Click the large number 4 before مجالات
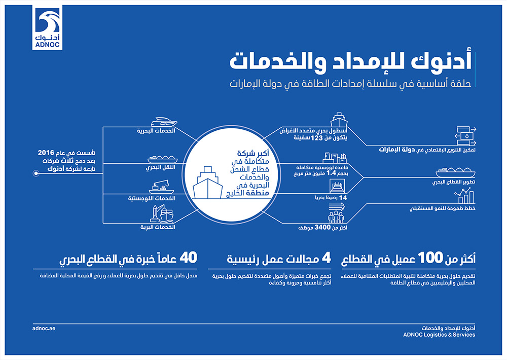(325, 259)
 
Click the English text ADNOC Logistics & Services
(440, 335)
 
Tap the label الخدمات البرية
(158, 227)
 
